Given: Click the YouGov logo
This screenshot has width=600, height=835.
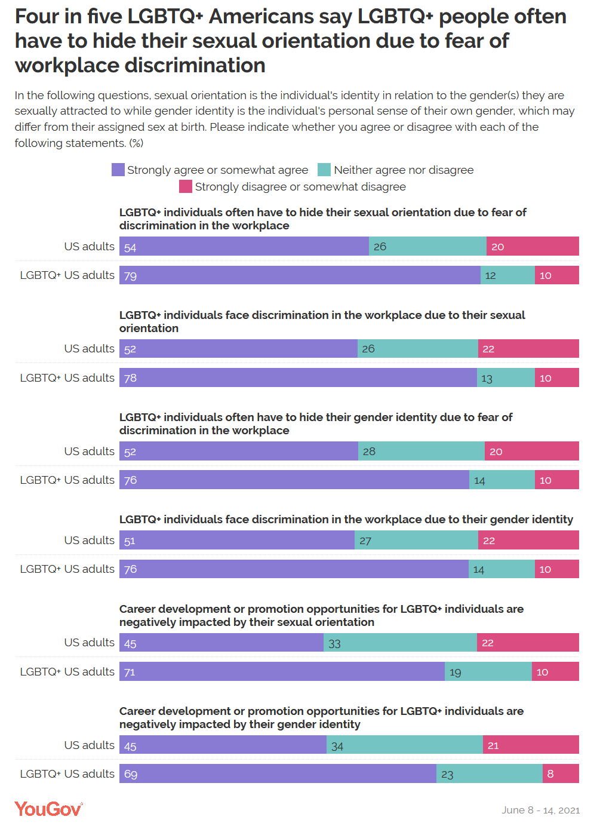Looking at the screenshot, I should (x=48, y=809).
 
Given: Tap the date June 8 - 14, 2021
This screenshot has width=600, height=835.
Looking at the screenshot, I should (x=540, y=810).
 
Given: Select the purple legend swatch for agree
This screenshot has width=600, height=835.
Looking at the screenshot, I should (x=118, y=170).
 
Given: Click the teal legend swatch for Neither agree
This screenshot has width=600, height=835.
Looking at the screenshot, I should (x=324, y=170).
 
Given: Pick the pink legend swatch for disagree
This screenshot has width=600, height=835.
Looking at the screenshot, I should (x=186, y=186).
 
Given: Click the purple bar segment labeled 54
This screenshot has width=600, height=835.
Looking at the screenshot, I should (x=244, y=246).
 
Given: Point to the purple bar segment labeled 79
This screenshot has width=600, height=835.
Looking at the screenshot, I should (x=300, y=275).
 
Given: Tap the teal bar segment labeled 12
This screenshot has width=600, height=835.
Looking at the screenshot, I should (x=507, y=275).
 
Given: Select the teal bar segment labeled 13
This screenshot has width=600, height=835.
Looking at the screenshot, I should (x=506, y=377).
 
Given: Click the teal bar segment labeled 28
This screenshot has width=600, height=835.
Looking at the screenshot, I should (x=421, y=451).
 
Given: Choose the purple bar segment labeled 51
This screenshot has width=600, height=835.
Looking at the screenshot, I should (x=237, y=541).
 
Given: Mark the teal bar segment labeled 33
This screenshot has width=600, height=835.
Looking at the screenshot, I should (x=400, y=643).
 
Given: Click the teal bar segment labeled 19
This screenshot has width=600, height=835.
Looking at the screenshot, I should (x=488, y=671).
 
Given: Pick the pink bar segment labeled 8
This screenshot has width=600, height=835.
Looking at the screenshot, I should (x=561, y=773).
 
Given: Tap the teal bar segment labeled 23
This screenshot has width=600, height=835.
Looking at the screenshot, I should (x=490, y=773).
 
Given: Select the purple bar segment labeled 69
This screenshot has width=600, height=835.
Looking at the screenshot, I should (x=278, y=773).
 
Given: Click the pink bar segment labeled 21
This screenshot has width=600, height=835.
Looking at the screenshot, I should (x=531, y=745).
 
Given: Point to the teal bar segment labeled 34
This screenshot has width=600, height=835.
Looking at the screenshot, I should (x=405, y=745).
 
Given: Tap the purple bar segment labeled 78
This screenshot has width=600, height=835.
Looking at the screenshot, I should (x=298, y=377).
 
